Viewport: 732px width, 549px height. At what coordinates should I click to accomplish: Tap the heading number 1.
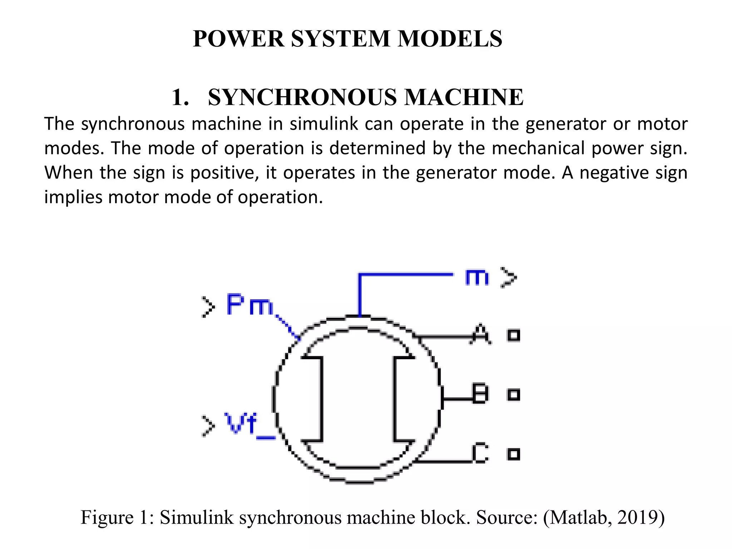click(x=180, y=97)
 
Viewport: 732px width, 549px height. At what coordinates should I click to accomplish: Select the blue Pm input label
click(x=249, y=305)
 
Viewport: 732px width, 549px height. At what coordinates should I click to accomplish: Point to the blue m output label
click(x=477, y=277)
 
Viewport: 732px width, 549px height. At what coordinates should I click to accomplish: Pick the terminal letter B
click(x=480, y=394)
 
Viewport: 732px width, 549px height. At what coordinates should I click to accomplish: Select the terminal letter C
click(x=480, y=453)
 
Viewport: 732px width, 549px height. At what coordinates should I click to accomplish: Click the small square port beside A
click(x=514, y=335)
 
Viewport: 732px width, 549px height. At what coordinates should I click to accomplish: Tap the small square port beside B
click(x=514, y=395)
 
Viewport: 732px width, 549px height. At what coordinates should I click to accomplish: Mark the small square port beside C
click(x=514, y=454)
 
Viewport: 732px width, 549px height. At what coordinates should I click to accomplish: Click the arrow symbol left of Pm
click(x=208, y=307)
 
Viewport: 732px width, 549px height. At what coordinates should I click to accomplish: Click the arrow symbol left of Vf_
click(x=208, y=426)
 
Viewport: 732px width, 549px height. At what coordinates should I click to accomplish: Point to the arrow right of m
click(x=508, y=277)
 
